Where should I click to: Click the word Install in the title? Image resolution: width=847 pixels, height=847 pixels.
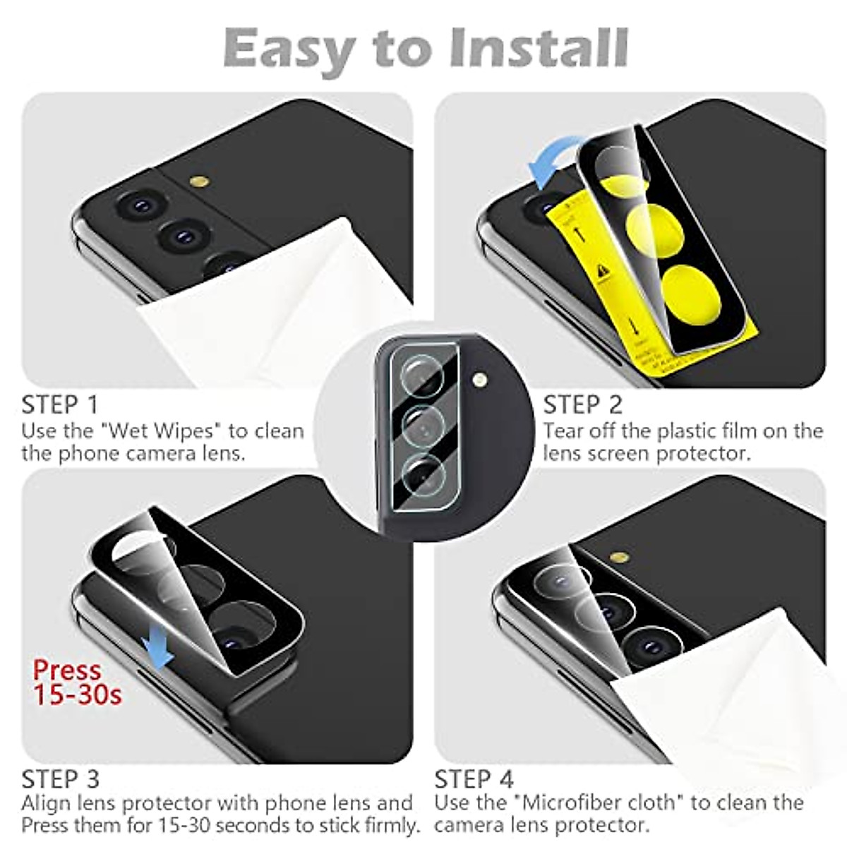[x=538, y=48]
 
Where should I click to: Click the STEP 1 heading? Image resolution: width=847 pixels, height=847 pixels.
[x=60, y=405]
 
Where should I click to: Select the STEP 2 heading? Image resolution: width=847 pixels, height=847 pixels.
[x=583, y=405]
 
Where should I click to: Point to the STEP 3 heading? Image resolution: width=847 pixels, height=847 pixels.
[x=60, y=779]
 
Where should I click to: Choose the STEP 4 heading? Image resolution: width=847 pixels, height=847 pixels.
[x=474, y=779]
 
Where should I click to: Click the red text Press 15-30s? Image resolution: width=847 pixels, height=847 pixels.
[x=77, y=682]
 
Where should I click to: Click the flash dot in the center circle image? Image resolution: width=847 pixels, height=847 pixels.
[x=481, y=381]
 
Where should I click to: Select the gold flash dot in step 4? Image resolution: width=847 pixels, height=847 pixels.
[x=622, y=558]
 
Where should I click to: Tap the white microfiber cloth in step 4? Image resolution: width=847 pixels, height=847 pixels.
[x=727, y=699]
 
